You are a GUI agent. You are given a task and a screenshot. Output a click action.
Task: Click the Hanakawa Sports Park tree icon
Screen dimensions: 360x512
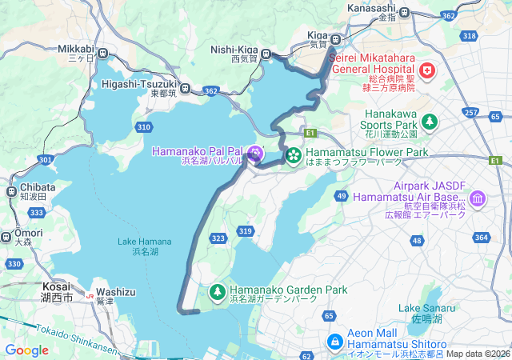click(430, 122)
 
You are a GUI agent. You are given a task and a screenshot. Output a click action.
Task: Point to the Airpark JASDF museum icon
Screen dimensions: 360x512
click(478, 198)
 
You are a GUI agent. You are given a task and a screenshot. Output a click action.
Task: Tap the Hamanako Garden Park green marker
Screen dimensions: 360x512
click(218, 290)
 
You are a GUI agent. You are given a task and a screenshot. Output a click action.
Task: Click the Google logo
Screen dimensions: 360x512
click(26, 350)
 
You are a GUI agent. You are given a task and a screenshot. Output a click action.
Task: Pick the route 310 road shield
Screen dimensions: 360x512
click(144, 127)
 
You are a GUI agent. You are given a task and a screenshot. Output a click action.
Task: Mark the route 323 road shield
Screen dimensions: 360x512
click(218, 238)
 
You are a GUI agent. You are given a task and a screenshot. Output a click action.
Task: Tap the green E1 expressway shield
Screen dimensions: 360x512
click(310, 132)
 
